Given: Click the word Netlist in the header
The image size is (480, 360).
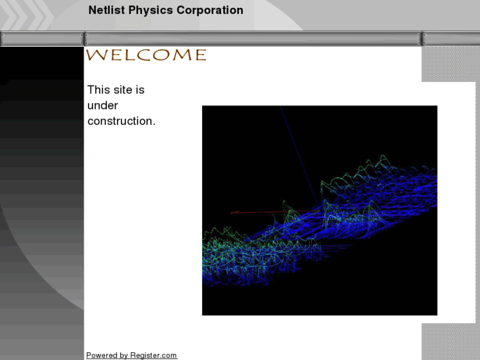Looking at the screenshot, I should pos(104,11).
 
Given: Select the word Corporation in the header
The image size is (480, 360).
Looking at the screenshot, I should pos(210,11).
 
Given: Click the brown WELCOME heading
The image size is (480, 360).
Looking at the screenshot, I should pos(146,55).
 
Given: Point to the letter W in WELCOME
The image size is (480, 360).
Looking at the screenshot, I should pos(96,55).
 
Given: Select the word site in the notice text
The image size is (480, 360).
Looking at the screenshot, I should pos(123,90).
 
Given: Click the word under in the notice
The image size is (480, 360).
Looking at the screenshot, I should pos(102,106).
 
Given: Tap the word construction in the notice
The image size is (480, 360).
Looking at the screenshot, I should pos(121,122).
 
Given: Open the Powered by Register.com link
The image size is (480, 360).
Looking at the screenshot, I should pos(131,355).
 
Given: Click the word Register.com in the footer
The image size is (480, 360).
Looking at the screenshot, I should pos(153,355).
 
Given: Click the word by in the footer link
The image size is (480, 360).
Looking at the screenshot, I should pos(123,355).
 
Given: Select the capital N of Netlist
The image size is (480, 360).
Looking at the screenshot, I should pos(92,11).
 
